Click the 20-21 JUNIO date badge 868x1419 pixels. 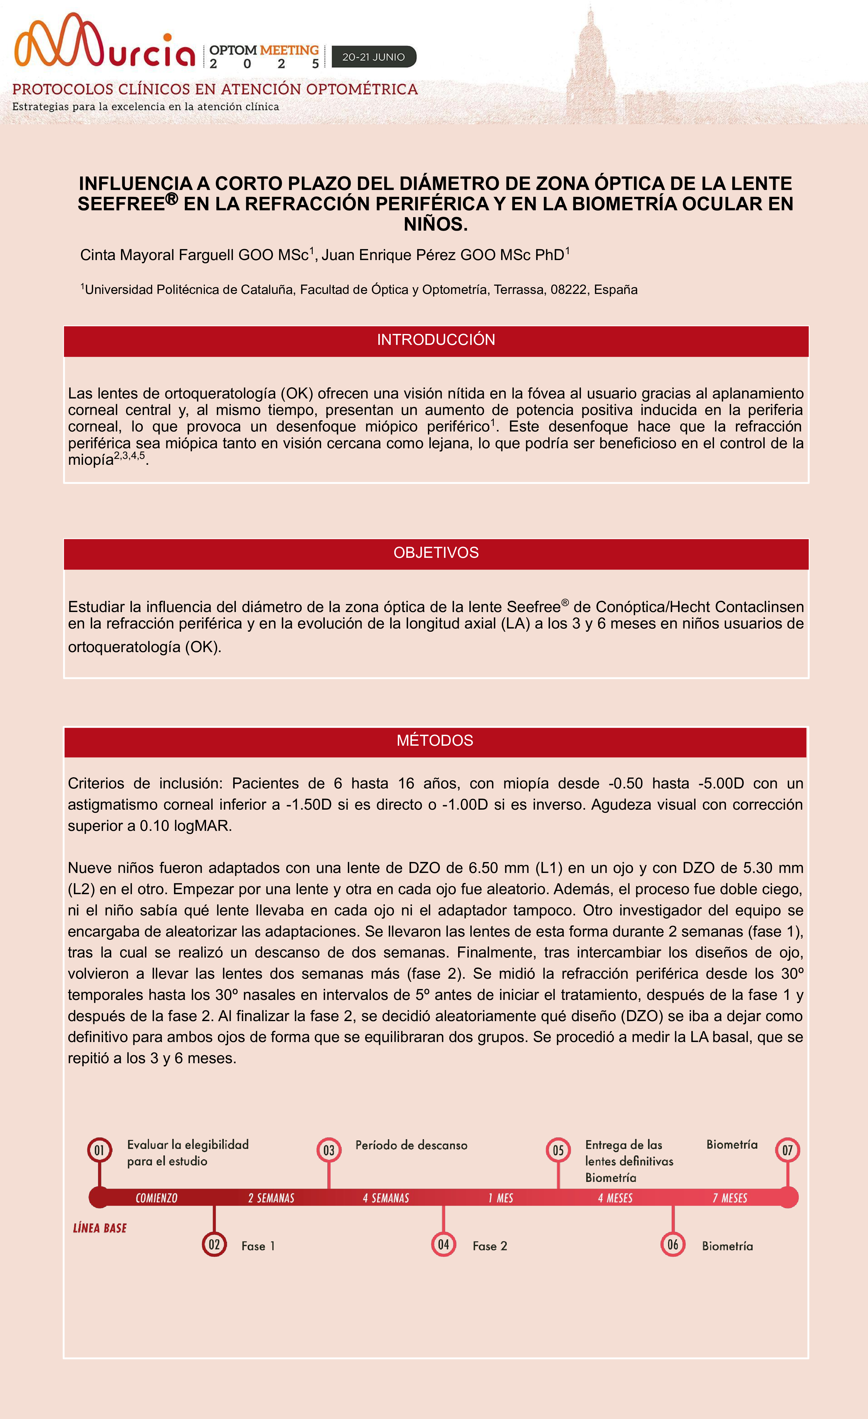tap(374, 57)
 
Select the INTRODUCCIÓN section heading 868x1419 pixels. tap(436, 340)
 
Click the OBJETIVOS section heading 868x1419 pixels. tap(436, 553)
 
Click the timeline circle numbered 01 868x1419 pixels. tap(100, 1151)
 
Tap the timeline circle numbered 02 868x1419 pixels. tap(214, 1245)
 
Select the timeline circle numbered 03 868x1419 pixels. tap(329, 1151)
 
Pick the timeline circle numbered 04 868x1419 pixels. tap(443, 1245)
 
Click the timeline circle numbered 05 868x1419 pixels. tap(558, 1151)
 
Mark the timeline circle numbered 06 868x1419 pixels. tap(672, 1245)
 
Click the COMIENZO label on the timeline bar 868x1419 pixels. tap(157, 1198)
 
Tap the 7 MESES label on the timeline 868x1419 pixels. tap(730, 1198)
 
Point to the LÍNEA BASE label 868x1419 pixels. tap(100, 1228)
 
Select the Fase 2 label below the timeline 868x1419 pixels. tap(490, 1246)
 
